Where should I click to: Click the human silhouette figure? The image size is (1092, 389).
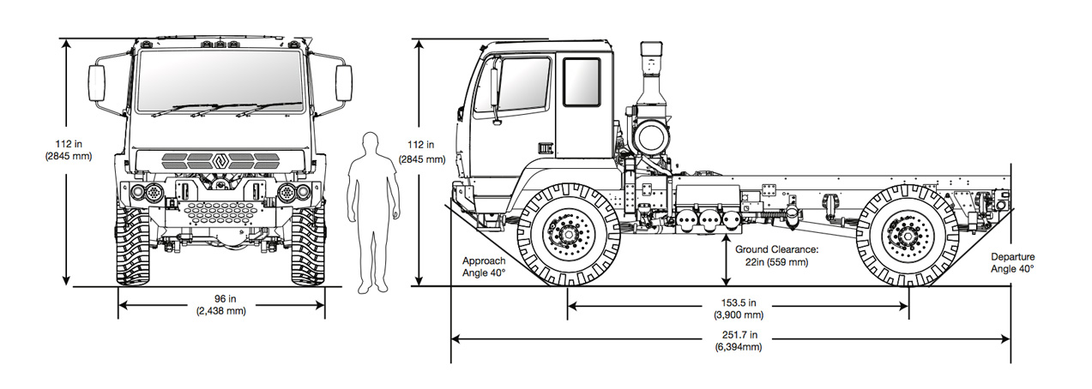pyautogui.click(x=371, y=210)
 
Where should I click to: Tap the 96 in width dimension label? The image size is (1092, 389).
pyautogui.click(x=220, y=304)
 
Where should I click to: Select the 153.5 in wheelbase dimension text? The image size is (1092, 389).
pyautogui.click(x=738, y=308)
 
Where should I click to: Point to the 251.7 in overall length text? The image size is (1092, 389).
pyautogui.click(x=731, y=340)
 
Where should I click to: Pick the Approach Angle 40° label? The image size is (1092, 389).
pyautogui.click(x=484, y=266)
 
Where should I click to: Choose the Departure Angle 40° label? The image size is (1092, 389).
pyautogui.click(x=1012, y=262)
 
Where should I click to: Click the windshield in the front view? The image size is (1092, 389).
pyautogui.click(x=220, y=81)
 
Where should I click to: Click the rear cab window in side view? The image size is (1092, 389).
pyautogui.click(x=581, y=82)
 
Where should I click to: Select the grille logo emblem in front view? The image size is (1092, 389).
pyautogui.click(x=220, y=159)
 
